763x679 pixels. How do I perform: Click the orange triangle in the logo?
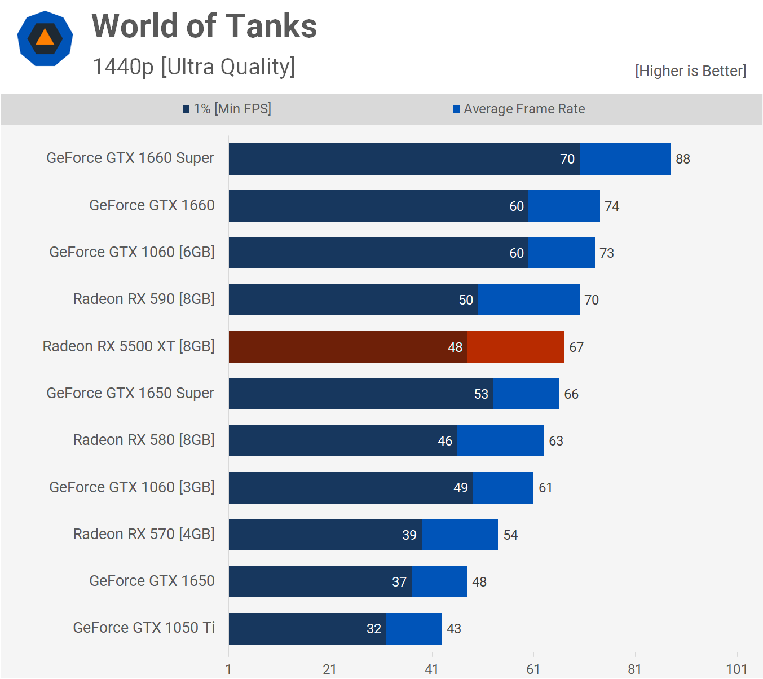(45, 38)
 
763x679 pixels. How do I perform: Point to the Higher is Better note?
(690, 71)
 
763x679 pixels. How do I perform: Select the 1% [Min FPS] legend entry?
(227, 109)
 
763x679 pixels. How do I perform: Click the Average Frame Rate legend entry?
(519, 109)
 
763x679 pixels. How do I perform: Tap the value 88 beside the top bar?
(682, 159)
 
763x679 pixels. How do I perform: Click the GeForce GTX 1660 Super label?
(130, 158)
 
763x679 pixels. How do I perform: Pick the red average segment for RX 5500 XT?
(515, 347)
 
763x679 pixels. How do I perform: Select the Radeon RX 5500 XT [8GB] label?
(129, 346)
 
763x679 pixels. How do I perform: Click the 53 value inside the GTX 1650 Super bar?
(481, 394)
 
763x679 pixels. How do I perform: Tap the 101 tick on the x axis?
(736, 669)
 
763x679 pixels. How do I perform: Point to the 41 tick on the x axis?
(431, 669)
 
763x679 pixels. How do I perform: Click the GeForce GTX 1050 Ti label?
(144, 628)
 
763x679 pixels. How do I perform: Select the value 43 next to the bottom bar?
(453, 629)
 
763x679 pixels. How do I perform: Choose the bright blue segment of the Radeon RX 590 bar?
(528, 300)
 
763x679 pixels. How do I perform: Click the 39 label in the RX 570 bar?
(409, 535)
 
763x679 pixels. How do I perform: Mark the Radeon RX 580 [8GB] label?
(144, 440)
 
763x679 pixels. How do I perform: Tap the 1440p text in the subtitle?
(123, 67)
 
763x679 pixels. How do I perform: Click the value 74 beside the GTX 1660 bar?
(612, 206)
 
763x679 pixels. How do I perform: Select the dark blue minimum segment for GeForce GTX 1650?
(320, 582)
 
